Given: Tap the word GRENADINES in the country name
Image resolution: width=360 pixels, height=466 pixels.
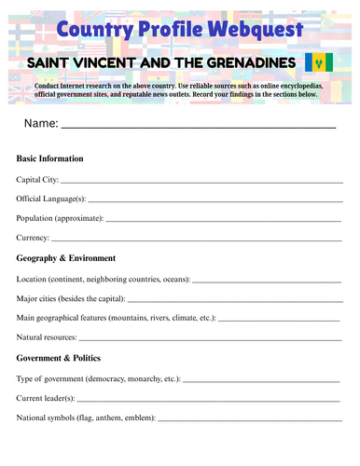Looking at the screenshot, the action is [247, 63].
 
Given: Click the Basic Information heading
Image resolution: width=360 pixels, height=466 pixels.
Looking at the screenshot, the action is [49, 158].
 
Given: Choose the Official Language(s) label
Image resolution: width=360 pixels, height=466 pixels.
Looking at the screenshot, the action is [51, 199].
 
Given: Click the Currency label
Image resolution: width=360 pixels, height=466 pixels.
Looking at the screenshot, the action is [34, 238].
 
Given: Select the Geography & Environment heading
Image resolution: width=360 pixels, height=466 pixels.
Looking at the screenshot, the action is [66, 258].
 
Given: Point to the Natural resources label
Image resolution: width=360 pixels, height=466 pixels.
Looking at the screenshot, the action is [48, 337].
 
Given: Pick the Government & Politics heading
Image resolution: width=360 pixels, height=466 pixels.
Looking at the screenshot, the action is [59, 358].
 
